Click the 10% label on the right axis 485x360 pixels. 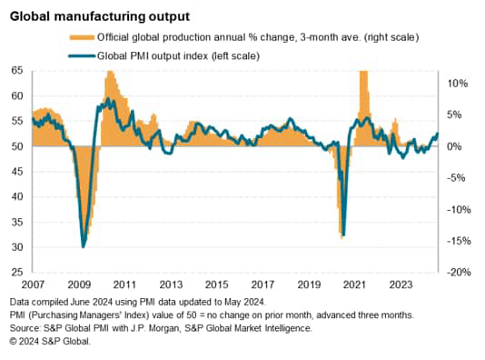click(x=457, y=84)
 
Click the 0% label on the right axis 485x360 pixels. click(x=459, y=146)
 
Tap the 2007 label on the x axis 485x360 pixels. click(x=34, y=284)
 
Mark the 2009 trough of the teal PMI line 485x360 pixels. click(x=84, y=245)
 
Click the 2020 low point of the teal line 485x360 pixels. click(x=342, y=235)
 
